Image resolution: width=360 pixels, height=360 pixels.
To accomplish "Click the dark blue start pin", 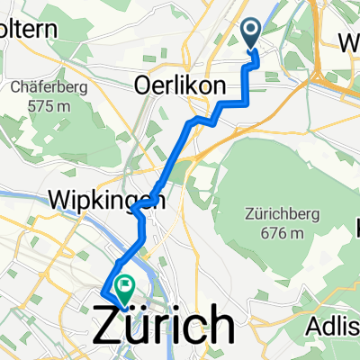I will point(252,34).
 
